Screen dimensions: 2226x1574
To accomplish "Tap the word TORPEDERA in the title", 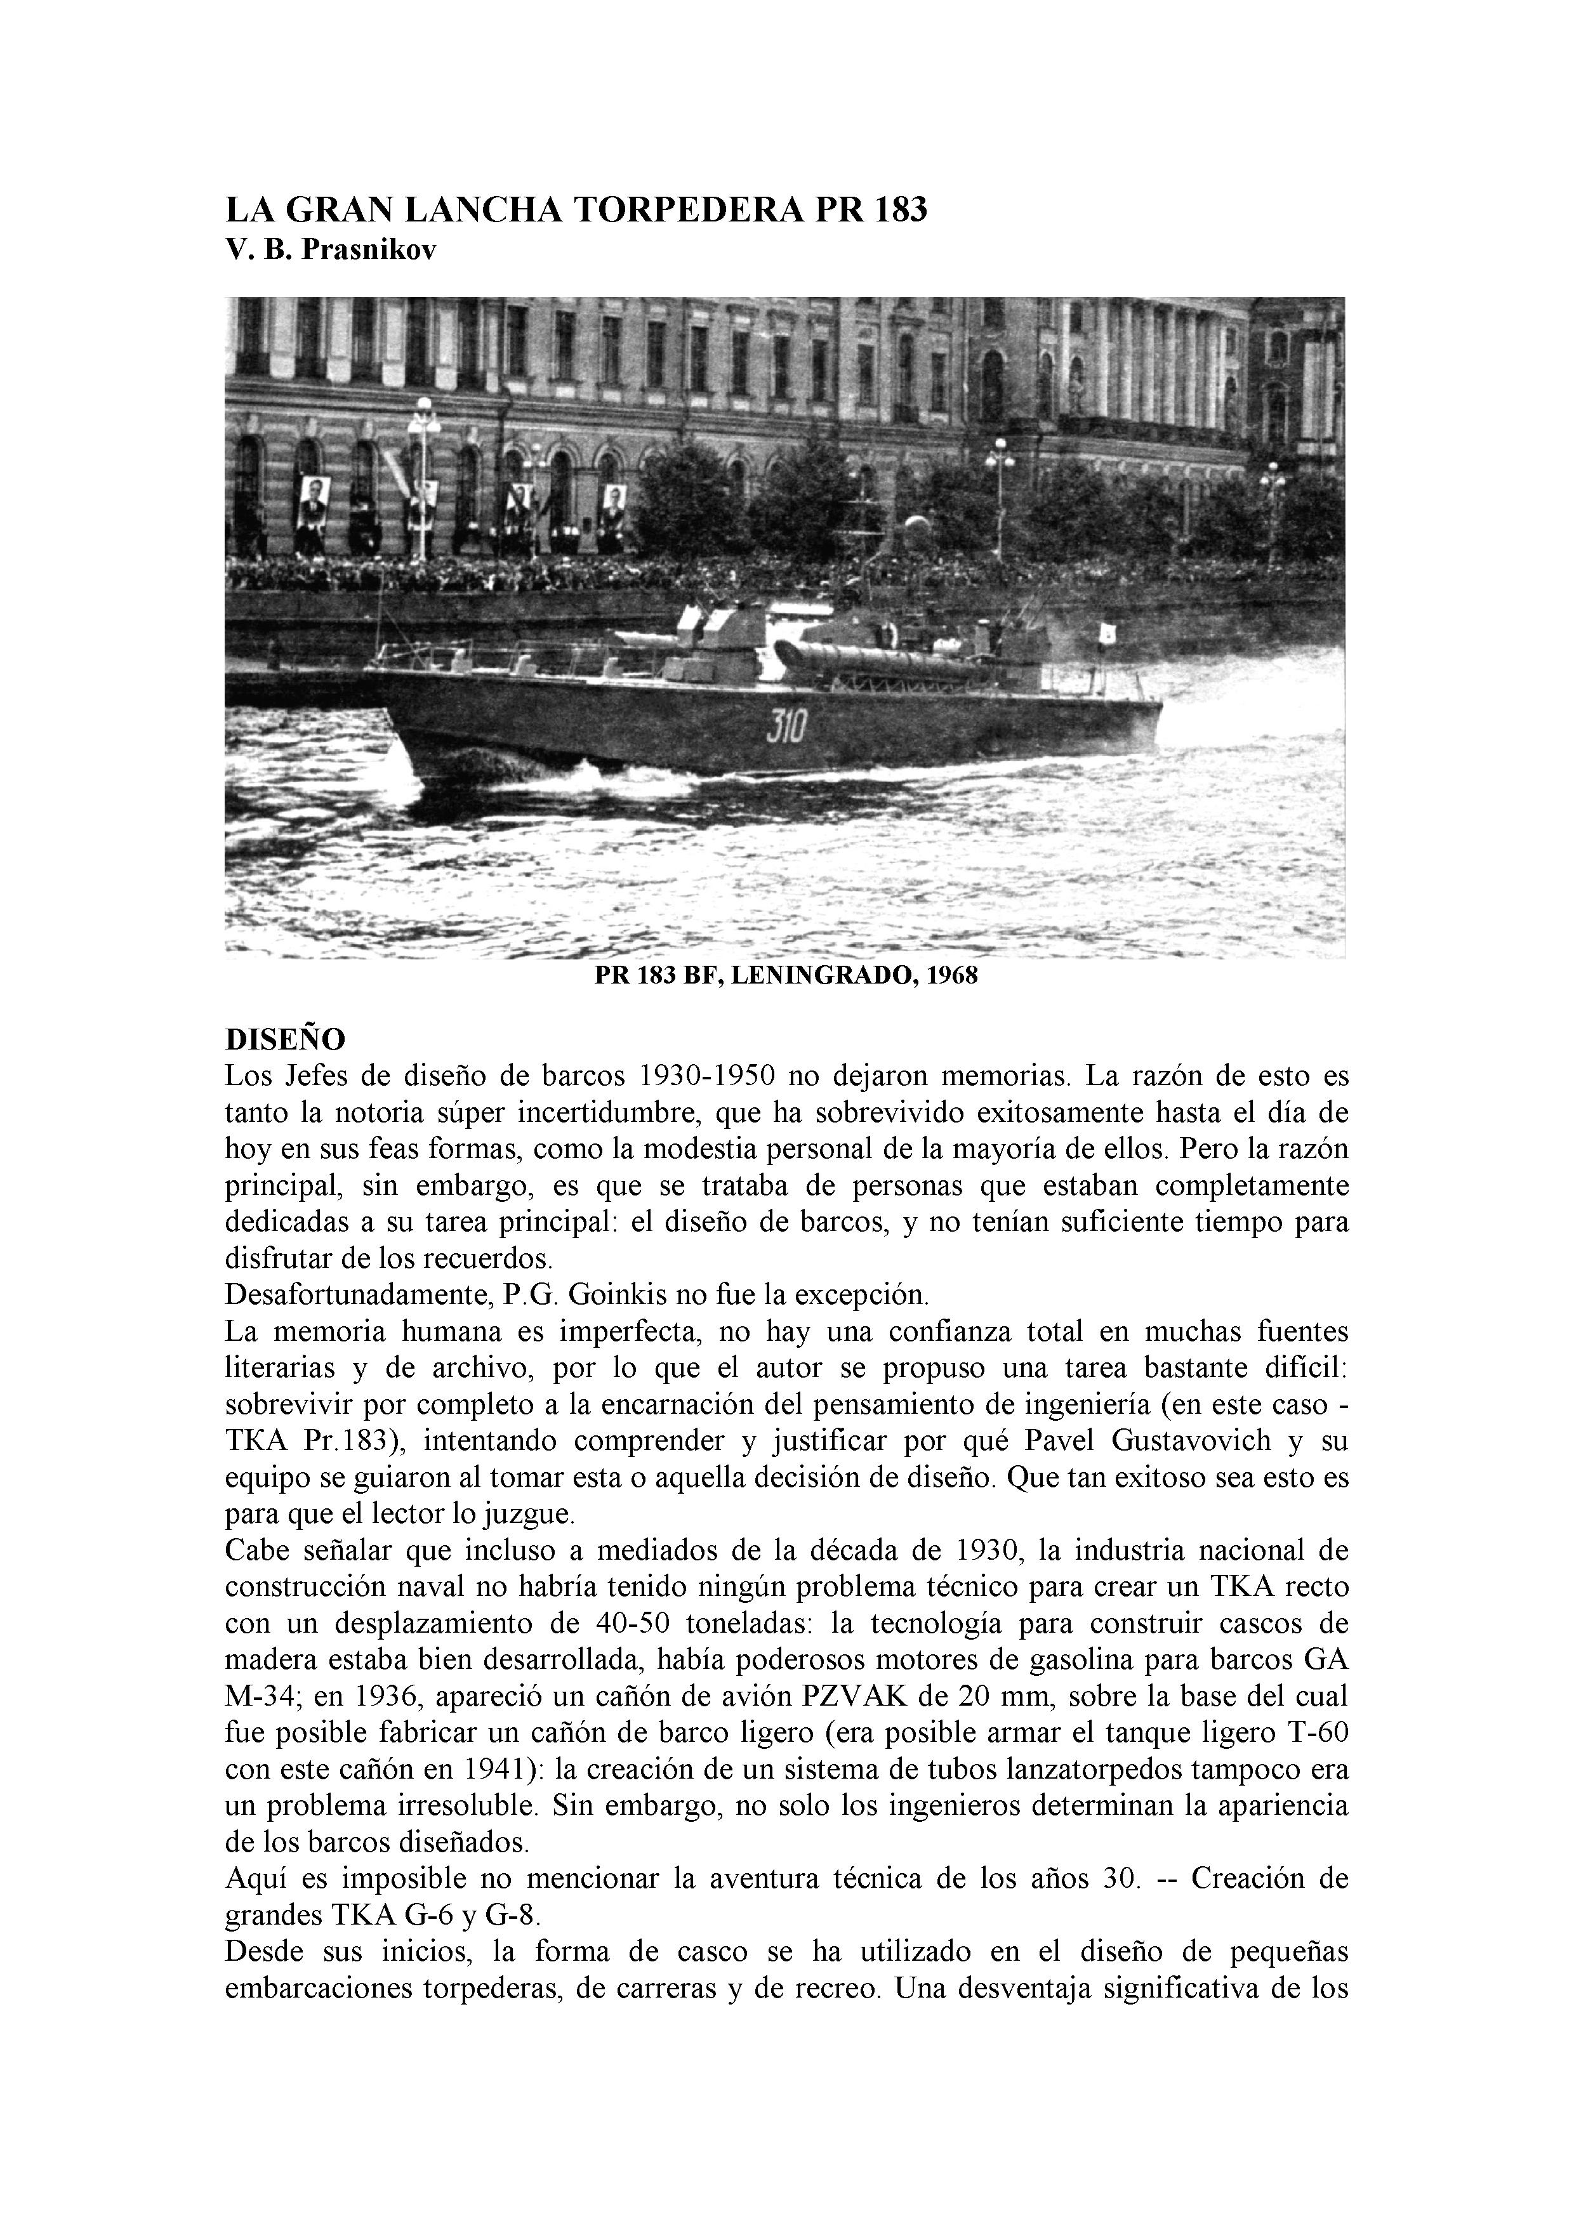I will coord(689,211).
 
